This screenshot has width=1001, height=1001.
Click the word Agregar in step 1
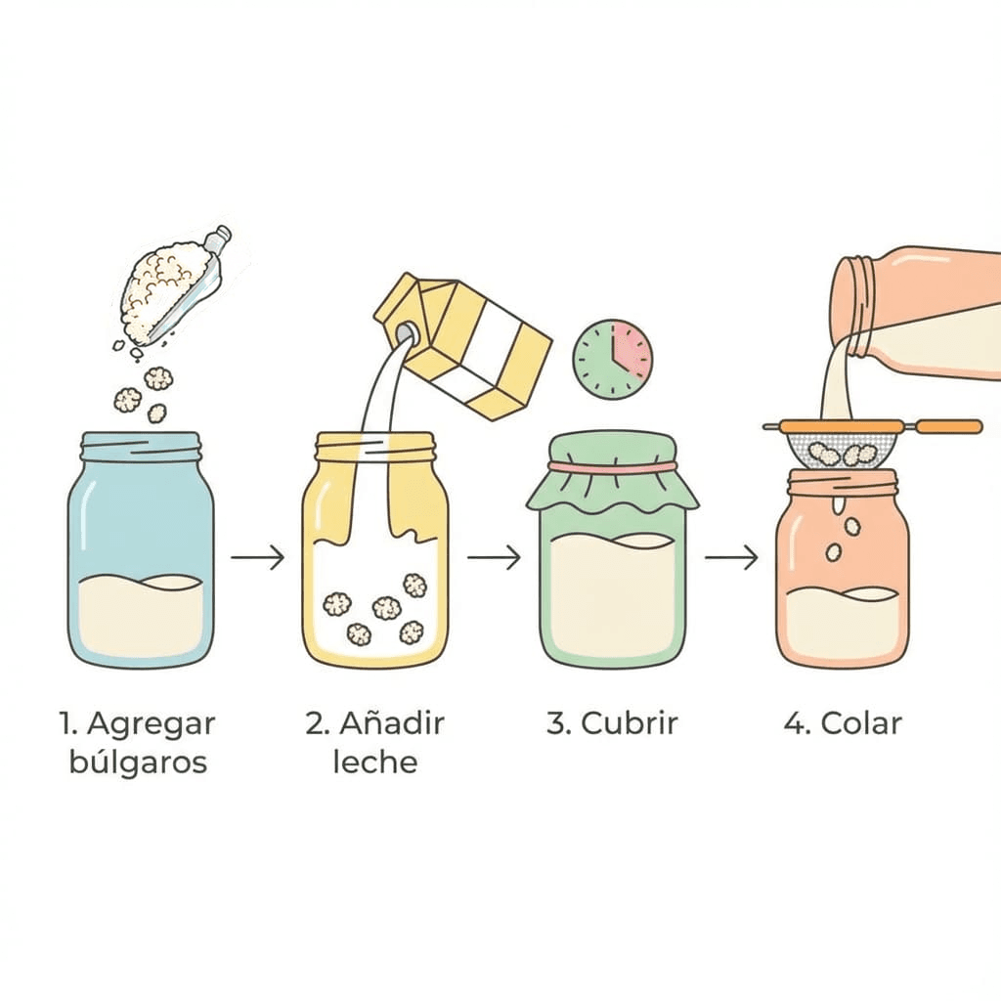pyautogui.click(x=151, y=724)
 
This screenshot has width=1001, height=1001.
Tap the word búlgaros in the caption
pyautogui.click(x=138, y=762)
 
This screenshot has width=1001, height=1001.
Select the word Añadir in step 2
pyautogui.click(x=391, y=724)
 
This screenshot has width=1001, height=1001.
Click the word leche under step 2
pyautogui.click(x=374, y=762)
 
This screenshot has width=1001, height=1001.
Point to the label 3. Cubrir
pyautogui.click(x=612, y=724)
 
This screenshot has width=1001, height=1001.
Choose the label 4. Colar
pyautogui.click(x=842, y=724)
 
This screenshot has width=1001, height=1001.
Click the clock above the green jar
pyautogui.click(x=613, y=359)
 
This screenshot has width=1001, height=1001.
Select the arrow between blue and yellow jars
pyautogui.click(x=257, y=558)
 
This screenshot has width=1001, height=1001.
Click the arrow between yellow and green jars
pyautogui.click(x=494, y=558)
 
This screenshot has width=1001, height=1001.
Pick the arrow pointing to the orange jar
pyautogui.click(x=731, y=558)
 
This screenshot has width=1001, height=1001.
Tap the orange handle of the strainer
pyautogui.click(x=948, y=426)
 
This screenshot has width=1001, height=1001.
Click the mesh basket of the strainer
pyautogui.click(x=840, y=449)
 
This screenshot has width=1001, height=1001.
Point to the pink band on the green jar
pyautogui.click(x=612, y=468)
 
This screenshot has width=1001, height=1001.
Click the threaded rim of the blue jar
pyautogui.click(x=142, y=447)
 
